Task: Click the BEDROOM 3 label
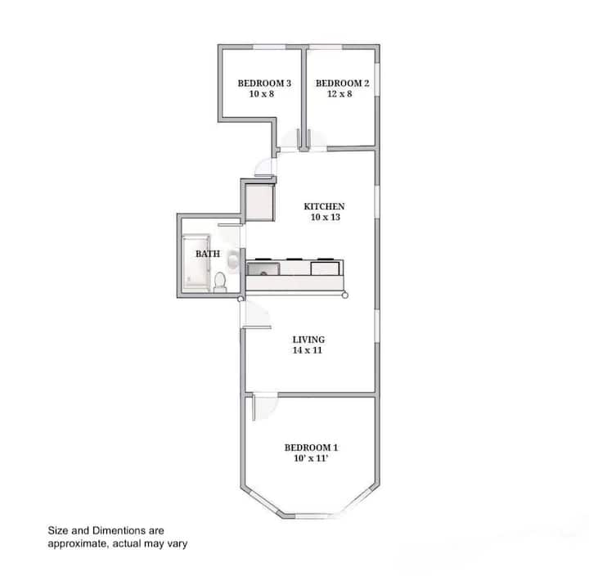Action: click(x=264, y=83)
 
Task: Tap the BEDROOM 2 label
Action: click(x=342, y=83)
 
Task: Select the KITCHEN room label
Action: click(x=324, y=206)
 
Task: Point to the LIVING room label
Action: click(x=308, y=340)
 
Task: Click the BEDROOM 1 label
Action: click(x=311, y=448)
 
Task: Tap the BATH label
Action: click(x=208, y=254)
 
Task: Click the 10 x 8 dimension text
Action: click(x=262, y=94)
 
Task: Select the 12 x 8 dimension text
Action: click(x=339, y=94)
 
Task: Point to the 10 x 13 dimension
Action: click(x=326, y=217)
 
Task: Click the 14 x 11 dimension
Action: click(x=308, y=350)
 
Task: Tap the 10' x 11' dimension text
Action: click(x=311, y=458)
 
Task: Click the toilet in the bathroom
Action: click(x=220, y=282)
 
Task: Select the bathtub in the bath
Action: click(x=196, y=263)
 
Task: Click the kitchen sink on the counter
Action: click(x=263, y=269)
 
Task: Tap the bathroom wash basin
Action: click(x=233, y=259)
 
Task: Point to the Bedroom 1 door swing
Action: click(x=266, y=407)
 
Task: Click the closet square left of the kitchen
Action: click(x=259, y=203)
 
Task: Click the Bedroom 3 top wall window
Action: click(x=269, y=47)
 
